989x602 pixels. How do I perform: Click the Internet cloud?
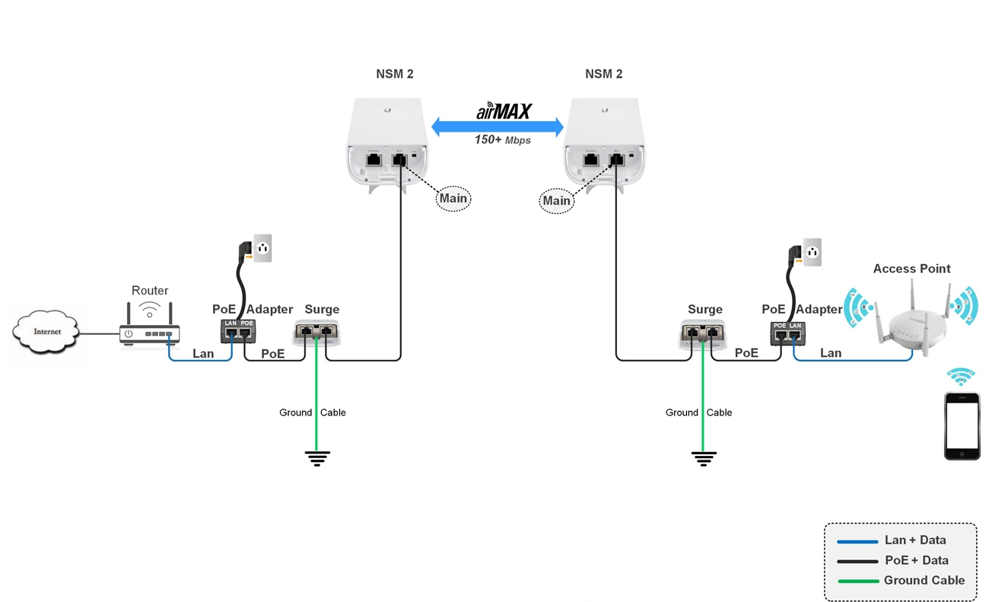46,332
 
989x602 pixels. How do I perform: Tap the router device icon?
150,332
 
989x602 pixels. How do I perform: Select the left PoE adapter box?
238,331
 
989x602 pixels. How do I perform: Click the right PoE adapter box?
787,333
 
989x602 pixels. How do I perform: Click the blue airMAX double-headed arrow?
498,127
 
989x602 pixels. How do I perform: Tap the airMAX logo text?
504,112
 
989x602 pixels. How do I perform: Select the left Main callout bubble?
453,199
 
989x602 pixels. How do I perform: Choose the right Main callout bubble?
556,201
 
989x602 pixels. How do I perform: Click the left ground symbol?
317,458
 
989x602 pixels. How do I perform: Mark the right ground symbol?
704,458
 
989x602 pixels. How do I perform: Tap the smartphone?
962,425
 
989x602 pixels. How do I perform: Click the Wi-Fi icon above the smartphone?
961,376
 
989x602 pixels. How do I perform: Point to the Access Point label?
911,269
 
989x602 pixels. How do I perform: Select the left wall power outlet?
262,248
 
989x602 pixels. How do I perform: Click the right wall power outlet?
813,252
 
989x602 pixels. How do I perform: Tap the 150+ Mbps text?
502,140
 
